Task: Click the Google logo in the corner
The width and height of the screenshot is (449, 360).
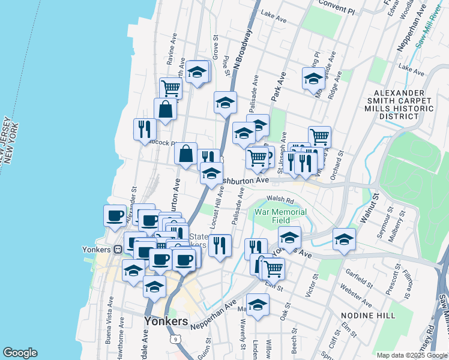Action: pos(20,353)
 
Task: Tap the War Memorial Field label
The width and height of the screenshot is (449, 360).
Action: pos(280,216)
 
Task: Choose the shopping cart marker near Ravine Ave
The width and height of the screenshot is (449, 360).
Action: pos(171,88)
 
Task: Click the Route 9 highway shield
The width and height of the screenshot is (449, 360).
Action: pos(175,341)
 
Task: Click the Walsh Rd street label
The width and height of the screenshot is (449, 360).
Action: pos(280,200)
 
